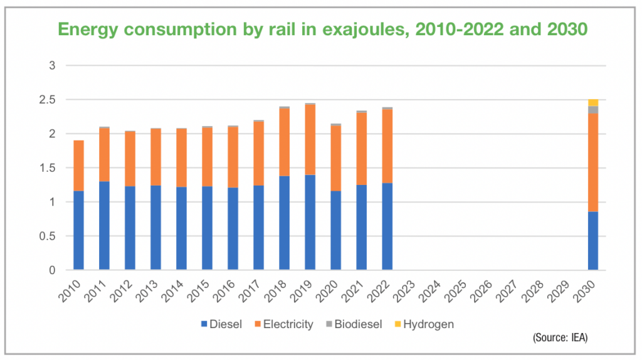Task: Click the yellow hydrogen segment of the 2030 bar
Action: [x=592, y=102]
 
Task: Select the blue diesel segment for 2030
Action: [x=592, y=241]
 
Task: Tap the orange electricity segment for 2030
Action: [x=592, y=162]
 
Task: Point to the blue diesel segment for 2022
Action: [x=387, y=226]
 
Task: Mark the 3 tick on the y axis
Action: [x=53, y=66]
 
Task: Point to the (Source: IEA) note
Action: [x=560, y=338]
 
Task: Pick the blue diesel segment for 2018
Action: [x=284, y=223]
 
